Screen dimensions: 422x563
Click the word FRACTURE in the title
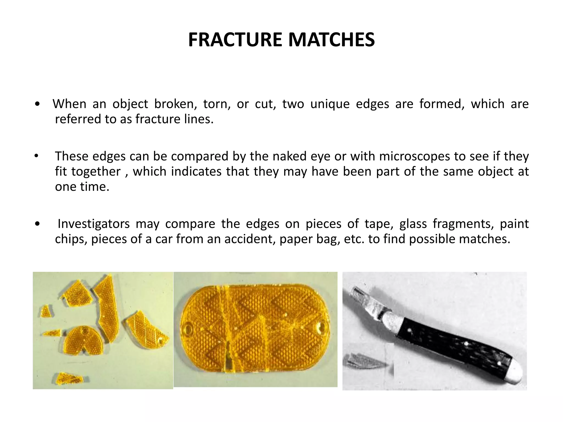235,40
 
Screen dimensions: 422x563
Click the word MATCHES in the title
331,40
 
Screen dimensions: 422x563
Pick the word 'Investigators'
93,224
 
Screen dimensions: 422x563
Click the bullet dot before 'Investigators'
37,224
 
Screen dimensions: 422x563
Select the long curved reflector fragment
107,308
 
